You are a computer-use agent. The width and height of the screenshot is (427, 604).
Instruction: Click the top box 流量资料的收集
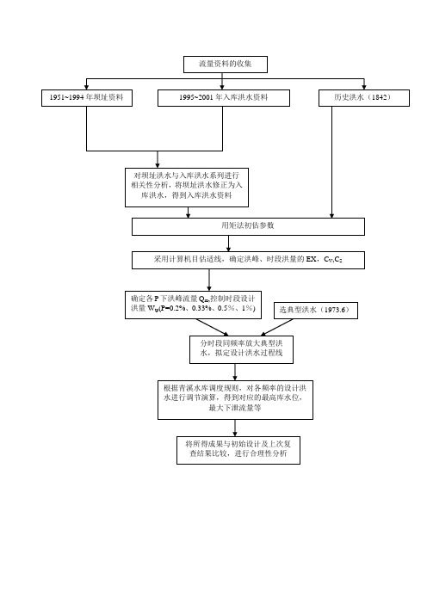[226, 65]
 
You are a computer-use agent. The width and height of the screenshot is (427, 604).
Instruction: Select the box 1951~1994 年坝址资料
[87, 98]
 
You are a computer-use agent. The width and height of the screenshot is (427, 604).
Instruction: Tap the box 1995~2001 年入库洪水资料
[224, 98]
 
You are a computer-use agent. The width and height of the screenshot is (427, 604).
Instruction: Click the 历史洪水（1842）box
[364, 98]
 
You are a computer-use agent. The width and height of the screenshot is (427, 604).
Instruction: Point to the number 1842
[379, 97]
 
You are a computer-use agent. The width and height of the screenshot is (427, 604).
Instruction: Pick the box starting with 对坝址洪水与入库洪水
[187, 188]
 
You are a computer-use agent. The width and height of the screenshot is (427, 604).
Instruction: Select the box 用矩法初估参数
[248, 226]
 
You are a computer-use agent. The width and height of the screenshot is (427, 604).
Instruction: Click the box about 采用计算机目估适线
[248, 260]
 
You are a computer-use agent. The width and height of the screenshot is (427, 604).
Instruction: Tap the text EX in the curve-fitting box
[311, 259]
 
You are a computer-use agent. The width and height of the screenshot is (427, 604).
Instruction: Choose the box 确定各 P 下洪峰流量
[193, 305]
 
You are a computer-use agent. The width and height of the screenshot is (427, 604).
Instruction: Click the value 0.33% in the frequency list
[201, 309]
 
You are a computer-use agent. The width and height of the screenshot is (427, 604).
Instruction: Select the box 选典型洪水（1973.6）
[316, 311]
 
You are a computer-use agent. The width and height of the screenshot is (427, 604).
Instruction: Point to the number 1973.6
[334, 310]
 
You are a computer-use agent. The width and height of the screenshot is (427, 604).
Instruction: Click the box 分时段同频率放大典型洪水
[241, 349]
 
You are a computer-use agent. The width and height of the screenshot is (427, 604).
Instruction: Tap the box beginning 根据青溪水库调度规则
[235, 400]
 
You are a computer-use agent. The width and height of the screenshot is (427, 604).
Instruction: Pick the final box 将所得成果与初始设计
[238, 450]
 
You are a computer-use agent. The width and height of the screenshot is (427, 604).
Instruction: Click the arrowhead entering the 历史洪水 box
[364, 87]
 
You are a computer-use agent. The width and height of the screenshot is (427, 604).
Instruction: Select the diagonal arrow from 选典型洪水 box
[276, 328]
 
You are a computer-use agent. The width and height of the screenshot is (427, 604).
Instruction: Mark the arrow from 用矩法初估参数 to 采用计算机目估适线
[228, 243]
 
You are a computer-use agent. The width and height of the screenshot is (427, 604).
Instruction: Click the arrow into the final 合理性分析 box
[235, 428]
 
